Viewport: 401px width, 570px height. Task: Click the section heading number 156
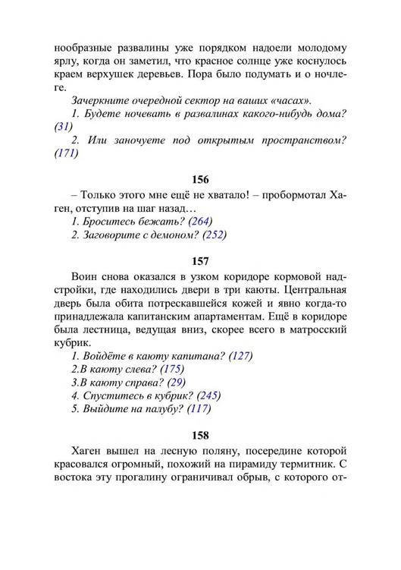tap(200, 180)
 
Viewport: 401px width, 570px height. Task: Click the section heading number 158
tap(200, 437)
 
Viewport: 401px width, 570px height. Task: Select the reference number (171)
tap(67, 153)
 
